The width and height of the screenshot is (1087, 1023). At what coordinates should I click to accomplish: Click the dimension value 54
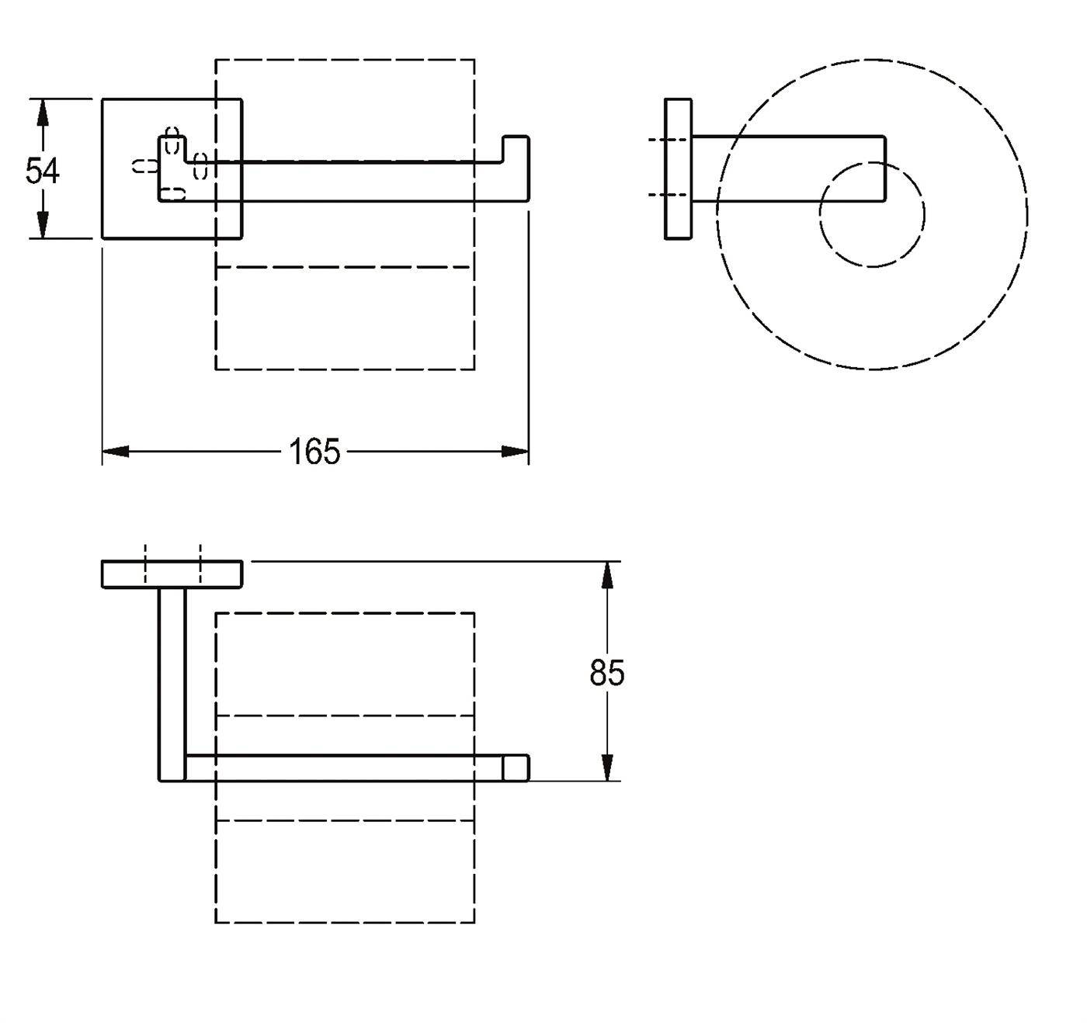tap(42, 170)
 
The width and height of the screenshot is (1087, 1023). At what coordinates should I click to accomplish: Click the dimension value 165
tap(314, 452)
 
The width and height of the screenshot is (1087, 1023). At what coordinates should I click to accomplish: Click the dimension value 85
tap(607, 673)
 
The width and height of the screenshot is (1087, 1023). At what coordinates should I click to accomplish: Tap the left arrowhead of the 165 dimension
tap(116, 452)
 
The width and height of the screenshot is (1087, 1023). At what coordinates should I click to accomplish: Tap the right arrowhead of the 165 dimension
tap(515, 452)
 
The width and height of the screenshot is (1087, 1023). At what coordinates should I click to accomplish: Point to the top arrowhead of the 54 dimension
tap(42, 113)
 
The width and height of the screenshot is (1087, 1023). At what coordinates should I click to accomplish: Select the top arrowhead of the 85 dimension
tap(606, 575)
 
